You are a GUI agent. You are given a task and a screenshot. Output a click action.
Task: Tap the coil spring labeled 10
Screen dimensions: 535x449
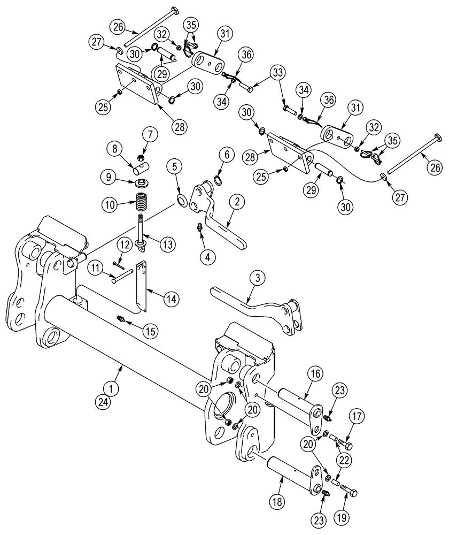pyautogui.click(x=142, y=203)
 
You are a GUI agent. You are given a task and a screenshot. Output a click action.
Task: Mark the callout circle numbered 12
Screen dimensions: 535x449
pyautogui.click(x=124, y=245)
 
